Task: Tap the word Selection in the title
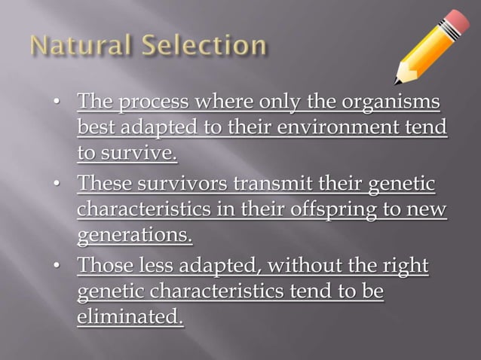[x=203, y=46]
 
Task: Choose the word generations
[x=134, y=236]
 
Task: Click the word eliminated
[x=130, y=319]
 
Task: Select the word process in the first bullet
[x=151, y=101]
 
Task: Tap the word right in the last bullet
[x=407, y=265]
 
